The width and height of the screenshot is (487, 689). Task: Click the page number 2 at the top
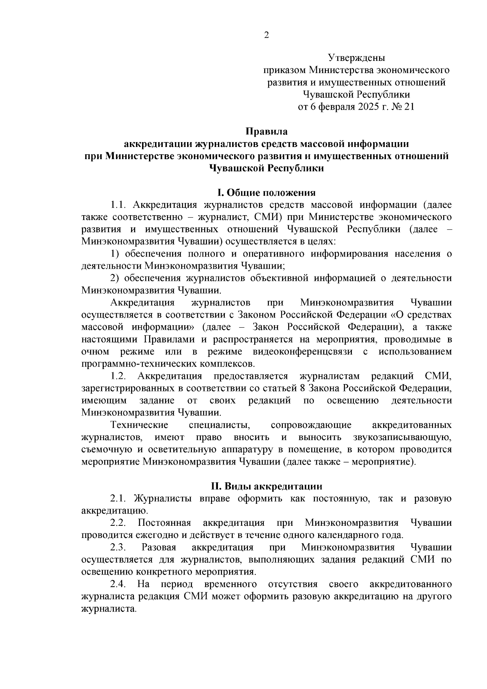coord(267,35)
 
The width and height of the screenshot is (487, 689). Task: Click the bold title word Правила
coord(267,132)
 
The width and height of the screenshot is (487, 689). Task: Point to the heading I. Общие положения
coord(267,192)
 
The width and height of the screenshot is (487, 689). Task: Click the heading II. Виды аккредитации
coord(266,486)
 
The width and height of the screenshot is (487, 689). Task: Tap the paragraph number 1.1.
coord(119,205)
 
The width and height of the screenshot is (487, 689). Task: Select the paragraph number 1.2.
coord(119,376)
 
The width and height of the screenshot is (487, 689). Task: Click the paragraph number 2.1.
coord(119,499)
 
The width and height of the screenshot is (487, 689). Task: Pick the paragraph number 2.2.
coord(119,523)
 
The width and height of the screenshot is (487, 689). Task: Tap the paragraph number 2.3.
coord(119,547)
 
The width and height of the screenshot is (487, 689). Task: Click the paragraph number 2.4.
coord(119,584)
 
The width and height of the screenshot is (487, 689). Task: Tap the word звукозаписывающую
coord(402,438)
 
